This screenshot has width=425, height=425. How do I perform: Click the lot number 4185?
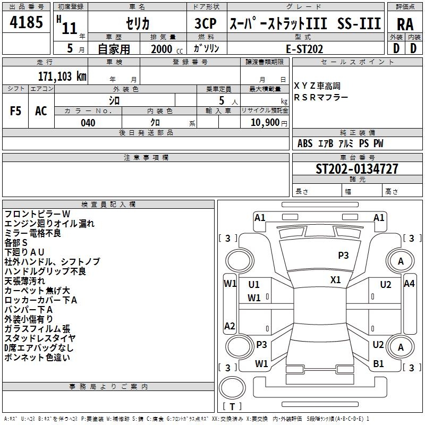click(26, 22)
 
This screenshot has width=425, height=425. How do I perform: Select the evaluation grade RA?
click(405, 24)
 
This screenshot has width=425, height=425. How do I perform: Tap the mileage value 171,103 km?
click(62, 76)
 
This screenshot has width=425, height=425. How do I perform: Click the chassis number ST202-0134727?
click(357, 168)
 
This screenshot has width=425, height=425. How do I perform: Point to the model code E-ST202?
click(304, 49)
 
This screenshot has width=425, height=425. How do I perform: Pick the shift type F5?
click(15, 111)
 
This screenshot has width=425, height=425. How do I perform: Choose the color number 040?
click(88, 123)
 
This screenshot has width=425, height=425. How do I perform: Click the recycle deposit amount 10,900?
click(265, 122)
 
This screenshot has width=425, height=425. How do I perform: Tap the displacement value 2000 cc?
click(167, 49)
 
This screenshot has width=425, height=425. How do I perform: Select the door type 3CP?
click(206, 23)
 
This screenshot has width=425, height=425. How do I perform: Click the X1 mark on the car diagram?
click(336, 279)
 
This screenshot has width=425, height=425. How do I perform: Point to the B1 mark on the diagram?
click(378, 363)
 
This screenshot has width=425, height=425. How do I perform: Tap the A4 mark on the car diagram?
click(409, 284)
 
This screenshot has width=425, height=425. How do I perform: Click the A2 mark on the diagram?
click(229, 326)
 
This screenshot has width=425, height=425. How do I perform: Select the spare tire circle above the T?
click(232, 387)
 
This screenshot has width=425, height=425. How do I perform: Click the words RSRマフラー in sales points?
click(321, 97)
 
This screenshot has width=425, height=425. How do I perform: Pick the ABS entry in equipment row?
click(305, 143)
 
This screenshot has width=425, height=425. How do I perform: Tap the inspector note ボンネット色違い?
click(37, 357)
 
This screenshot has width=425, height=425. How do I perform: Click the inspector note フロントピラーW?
click(37, 214)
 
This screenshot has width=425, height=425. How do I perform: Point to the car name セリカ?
click(138, 23)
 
